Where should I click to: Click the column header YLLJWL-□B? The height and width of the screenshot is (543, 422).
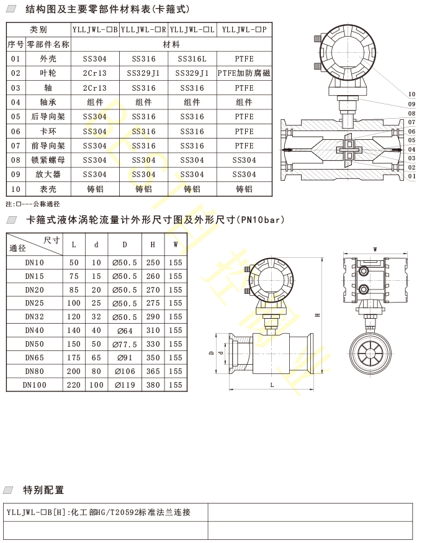pyautogui.click(x=95, y=30)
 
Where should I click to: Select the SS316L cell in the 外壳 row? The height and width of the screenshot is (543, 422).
pyautogui.click(x=192, y=59)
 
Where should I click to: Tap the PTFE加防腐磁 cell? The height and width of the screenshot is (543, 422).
pyautogui.click(x=245, y=73)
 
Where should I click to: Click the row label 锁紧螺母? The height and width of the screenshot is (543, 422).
pyautogui.click(x=48, y=160)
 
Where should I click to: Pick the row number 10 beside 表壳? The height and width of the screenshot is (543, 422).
pyautogui.click(x=16, y=189)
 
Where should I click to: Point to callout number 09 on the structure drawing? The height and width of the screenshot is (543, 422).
pyautogui.click(x=411, y=104)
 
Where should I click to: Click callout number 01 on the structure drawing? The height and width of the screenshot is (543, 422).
pyautogui.click(x=411, y=176)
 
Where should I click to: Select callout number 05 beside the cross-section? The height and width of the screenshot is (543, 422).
pyautogui.click(x=411, y=140)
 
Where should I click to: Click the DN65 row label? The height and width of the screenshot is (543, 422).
pyautogui.click(x=35, y=357)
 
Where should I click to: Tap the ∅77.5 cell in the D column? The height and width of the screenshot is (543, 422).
pyautogui.click(x=125, y=344)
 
